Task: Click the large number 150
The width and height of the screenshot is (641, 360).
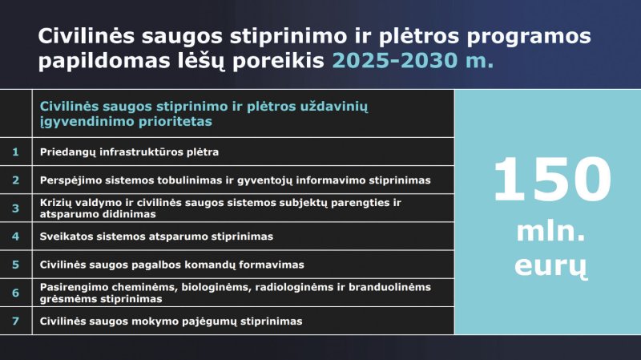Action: pos(552,180)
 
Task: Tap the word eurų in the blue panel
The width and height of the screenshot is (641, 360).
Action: pos(550,267)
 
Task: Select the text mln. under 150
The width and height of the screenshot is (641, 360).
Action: pos(550,232)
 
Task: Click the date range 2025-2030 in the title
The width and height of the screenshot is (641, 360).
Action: pos(395,61)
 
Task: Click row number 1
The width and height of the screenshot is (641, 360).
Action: pos(15,152)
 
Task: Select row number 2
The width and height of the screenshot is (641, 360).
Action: pos(15,180)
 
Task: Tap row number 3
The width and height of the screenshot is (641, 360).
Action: pos(15,208)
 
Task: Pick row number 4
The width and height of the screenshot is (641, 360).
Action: pos(15,237)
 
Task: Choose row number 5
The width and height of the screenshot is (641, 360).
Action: pos(15,265)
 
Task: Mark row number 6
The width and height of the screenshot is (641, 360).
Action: pos(15,293)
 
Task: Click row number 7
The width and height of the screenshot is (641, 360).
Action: pos(15,322)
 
